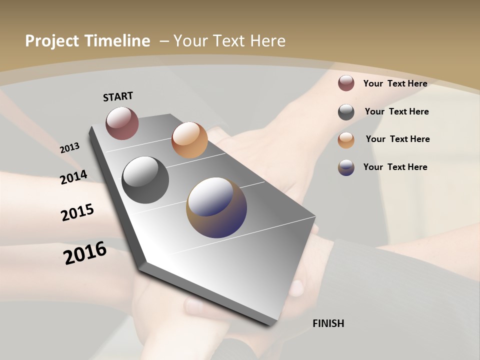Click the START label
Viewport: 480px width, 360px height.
point(118,96)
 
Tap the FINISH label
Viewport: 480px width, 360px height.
point(328,323)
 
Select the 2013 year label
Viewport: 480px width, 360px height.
point(69,148)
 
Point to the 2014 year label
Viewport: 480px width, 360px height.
point(73,177)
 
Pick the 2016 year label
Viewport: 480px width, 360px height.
point(85,252)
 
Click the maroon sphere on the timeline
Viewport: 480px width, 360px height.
point(122,123)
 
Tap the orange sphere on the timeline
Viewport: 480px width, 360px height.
point(189,140)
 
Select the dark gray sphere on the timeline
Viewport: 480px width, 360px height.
point(145,180)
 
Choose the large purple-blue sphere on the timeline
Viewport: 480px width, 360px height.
point(216,207)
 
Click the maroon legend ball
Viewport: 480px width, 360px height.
point(346,83)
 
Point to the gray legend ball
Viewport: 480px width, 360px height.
point(346,112)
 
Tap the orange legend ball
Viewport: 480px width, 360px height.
point(346,140)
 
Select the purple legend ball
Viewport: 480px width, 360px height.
point(346,167)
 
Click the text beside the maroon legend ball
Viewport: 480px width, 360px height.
point(395,83)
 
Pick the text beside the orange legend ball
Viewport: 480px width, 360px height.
point(397,139)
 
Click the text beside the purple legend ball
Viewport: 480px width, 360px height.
point(395,167)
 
